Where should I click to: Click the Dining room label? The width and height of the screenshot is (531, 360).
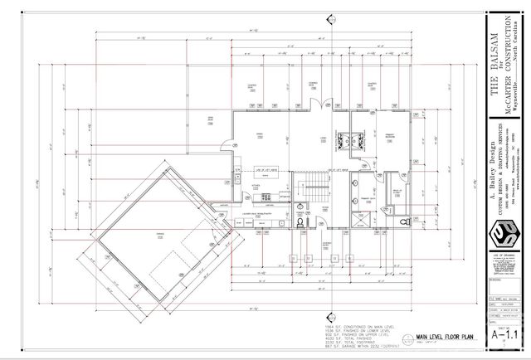pyautogui.click(x=260, y=135)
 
